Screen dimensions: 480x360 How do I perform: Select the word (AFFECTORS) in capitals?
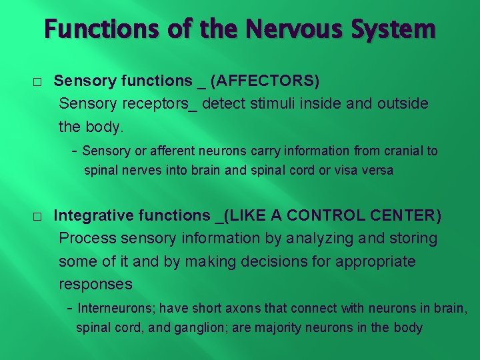pos(265,81)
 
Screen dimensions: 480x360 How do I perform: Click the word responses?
pos(95,285)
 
